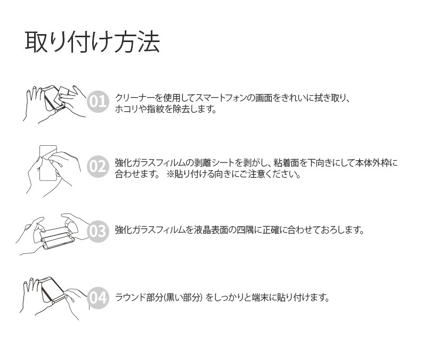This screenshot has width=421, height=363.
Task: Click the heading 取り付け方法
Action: tap(92, 43)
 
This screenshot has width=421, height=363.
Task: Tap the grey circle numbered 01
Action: tap(98, 102)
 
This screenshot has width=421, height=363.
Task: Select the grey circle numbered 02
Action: tap(98, 167)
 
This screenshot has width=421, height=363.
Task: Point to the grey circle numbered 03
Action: tap(98, 231)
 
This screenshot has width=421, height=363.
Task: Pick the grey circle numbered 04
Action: tap(98, 297)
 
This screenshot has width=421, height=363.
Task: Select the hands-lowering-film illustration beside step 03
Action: tap(53, 234)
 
